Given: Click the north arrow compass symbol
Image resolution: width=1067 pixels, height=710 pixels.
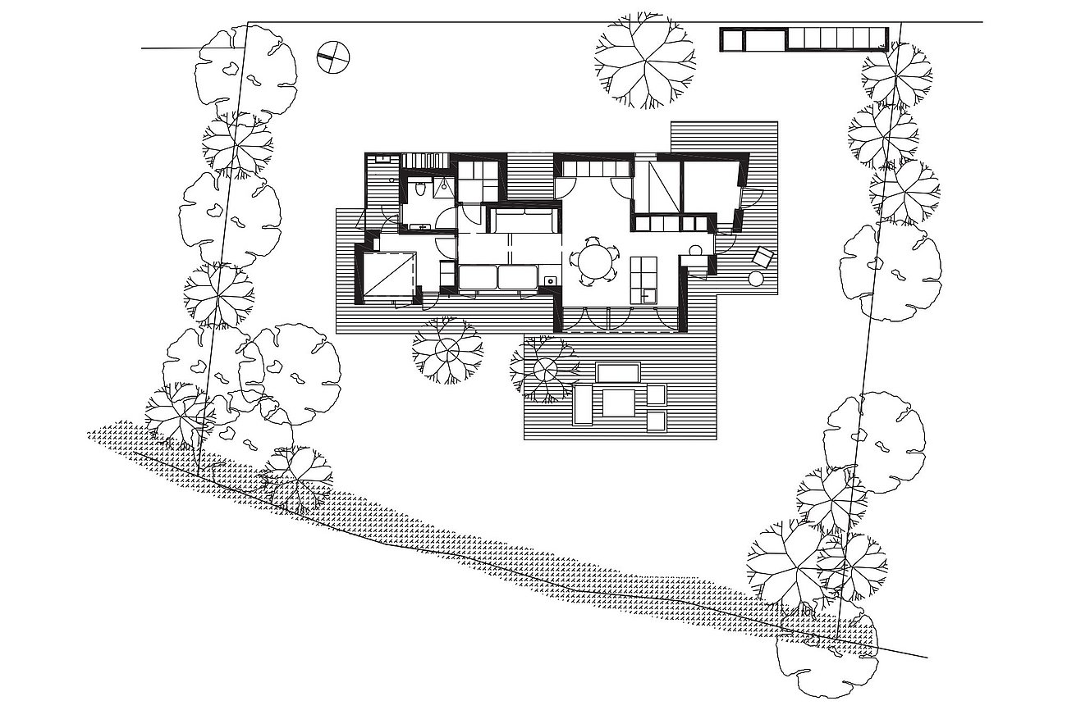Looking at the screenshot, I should coord(332,57).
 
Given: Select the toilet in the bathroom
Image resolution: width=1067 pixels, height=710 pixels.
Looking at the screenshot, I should coord(420,190).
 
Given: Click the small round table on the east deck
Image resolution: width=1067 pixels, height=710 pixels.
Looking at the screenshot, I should coord(756,280).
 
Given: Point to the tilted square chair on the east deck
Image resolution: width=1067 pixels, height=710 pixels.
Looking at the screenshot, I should coord(762,257).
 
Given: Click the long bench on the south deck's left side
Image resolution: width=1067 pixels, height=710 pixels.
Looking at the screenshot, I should coord(582,405).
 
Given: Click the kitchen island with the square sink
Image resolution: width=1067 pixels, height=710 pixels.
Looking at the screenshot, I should coord(643,280).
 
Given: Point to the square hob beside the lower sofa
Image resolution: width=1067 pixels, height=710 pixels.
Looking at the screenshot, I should coord(550,280).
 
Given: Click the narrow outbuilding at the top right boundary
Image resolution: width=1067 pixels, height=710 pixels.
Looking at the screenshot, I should coord(803,39).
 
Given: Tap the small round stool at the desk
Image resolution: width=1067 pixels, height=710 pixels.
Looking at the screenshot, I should coord(696,249).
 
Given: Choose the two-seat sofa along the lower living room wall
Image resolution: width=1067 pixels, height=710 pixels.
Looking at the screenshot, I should coord(497,277).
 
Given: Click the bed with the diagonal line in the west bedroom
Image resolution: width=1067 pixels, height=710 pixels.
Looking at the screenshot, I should coord(388,277).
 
